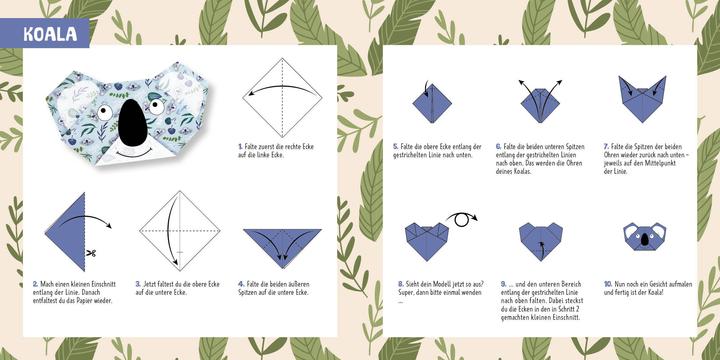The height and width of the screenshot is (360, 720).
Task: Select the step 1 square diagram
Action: [x=276, y=95]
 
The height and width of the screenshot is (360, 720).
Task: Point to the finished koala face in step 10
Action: [x=642, y=238]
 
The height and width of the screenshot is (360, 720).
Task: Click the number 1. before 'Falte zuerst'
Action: [x=241, y=146]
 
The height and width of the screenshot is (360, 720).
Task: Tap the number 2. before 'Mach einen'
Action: [x=35, y=284]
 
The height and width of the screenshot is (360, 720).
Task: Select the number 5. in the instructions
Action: [x=396, y=146]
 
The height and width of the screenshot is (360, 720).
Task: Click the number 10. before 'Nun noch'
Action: [x=608, y=284]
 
